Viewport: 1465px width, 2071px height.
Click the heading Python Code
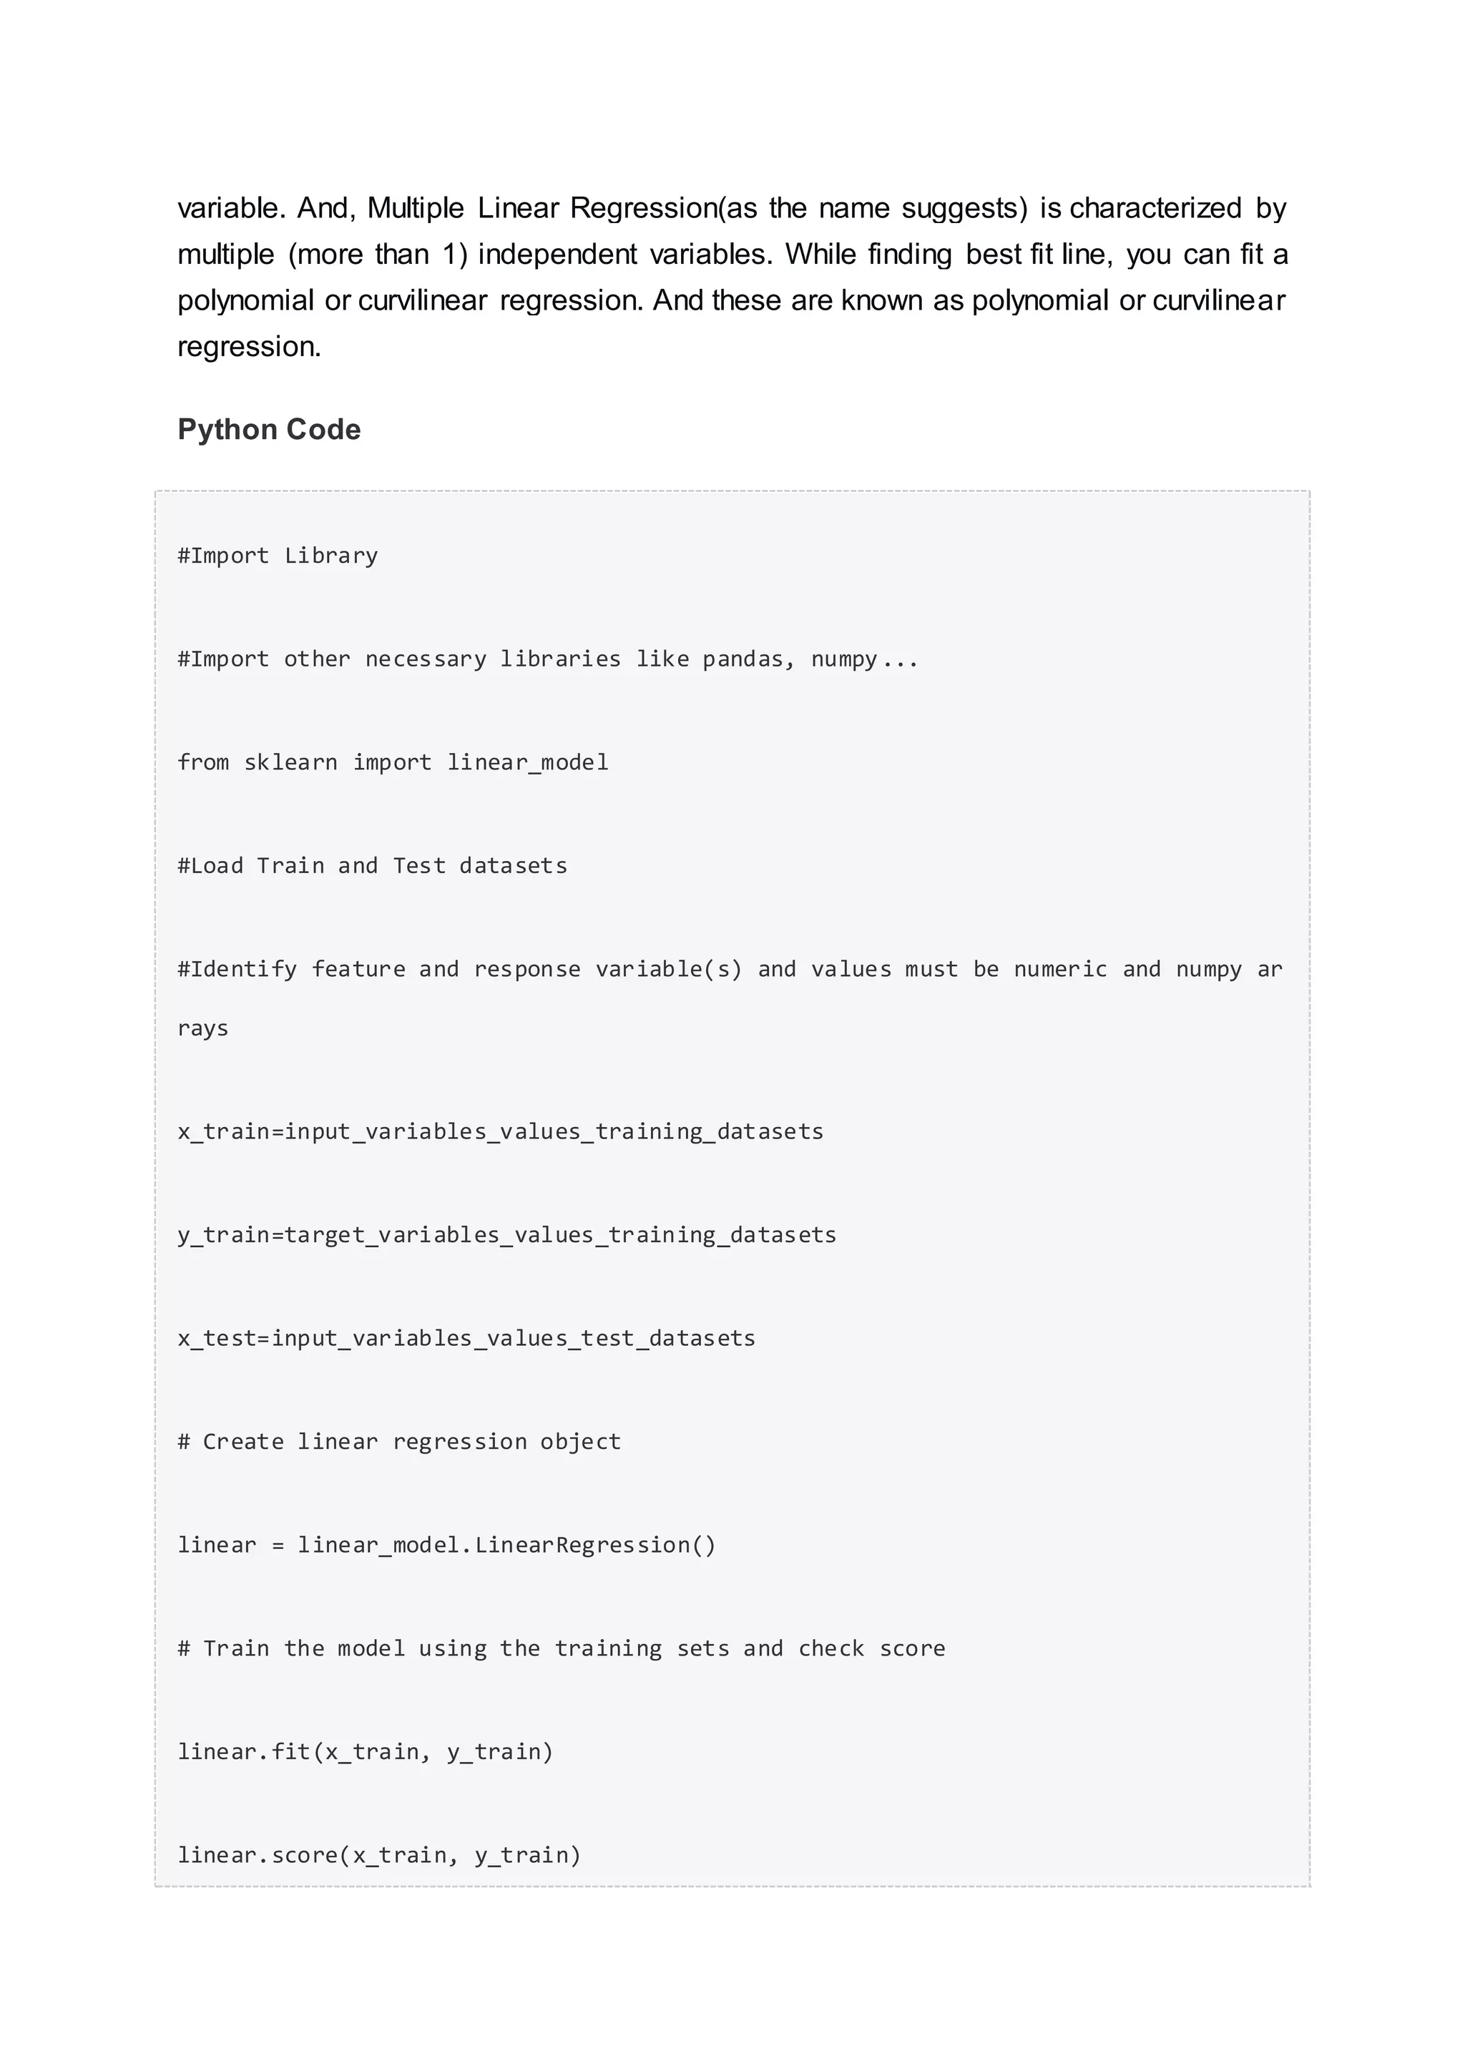269,429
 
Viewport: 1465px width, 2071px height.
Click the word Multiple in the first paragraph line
415,208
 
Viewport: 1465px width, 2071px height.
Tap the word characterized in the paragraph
1155,208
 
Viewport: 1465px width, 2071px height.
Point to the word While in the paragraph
819,255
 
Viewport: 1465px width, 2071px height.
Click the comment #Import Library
278,556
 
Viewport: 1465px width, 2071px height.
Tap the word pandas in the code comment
743,659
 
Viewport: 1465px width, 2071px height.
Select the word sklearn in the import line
290,762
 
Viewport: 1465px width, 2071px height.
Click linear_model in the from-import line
528,763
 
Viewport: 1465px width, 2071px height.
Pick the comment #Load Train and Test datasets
373,866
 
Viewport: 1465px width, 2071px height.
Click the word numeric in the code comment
1060,970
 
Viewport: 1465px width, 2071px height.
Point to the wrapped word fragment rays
203,1028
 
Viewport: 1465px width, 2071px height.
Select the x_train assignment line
501,1132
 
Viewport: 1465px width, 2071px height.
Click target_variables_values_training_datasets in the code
560,1236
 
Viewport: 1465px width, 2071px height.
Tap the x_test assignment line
466,1339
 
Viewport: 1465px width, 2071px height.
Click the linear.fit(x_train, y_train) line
366,1751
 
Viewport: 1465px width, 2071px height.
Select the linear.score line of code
379,1856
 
